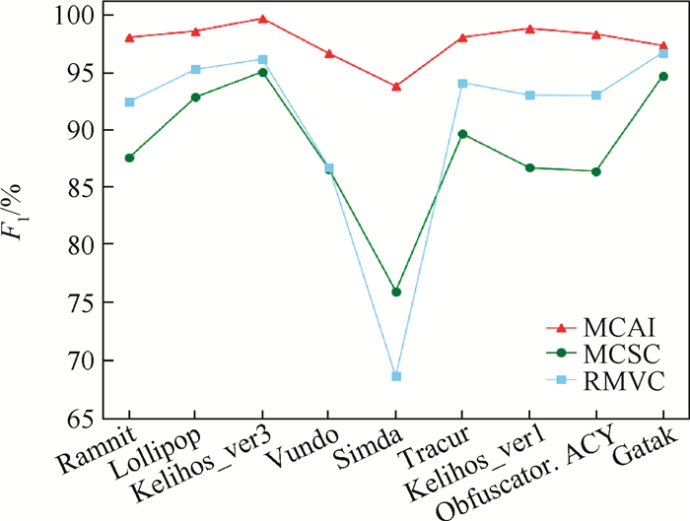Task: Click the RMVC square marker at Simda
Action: [x=396, y=376]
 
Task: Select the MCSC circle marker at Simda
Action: [x=396, y=292]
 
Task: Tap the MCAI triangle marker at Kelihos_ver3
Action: [x=262, y=19]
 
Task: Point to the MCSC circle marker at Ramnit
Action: [x=129, y=158]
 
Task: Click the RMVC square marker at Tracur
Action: [x=463, y=83]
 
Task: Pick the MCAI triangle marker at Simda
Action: [x=396, y=87]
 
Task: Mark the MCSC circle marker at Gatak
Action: [x=663, y=76]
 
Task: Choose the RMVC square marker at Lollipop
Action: [x=195, y=69]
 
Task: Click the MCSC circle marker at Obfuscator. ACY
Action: [x=596, y=171]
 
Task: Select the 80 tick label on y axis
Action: [x=79, y=244]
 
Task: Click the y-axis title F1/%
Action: [x=22, y=217]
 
